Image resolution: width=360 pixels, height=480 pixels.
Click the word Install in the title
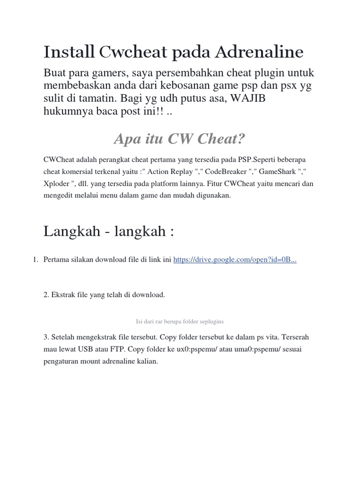[69, 52]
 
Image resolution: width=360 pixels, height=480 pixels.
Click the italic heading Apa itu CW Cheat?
[180, 139]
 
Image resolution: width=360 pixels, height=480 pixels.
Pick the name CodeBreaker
[225, 172]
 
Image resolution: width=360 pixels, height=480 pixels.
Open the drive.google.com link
[235, 259]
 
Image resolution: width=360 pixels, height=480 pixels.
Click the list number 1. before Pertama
[35, 259]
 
